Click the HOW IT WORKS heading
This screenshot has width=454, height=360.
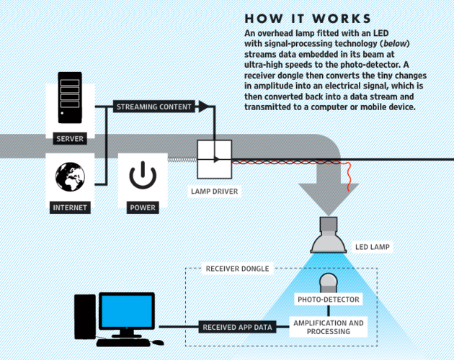(308, 19)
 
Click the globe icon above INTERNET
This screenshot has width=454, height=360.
(70, 176)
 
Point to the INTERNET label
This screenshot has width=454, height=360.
(70, 207)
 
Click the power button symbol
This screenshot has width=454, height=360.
(142, 176)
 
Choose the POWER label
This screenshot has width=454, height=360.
(142, 207)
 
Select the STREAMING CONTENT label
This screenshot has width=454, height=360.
(154, 107)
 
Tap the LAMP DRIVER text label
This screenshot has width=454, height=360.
(214, 192)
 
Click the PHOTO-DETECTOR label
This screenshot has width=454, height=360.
(329, 299)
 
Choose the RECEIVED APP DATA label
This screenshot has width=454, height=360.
(237, 327)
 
